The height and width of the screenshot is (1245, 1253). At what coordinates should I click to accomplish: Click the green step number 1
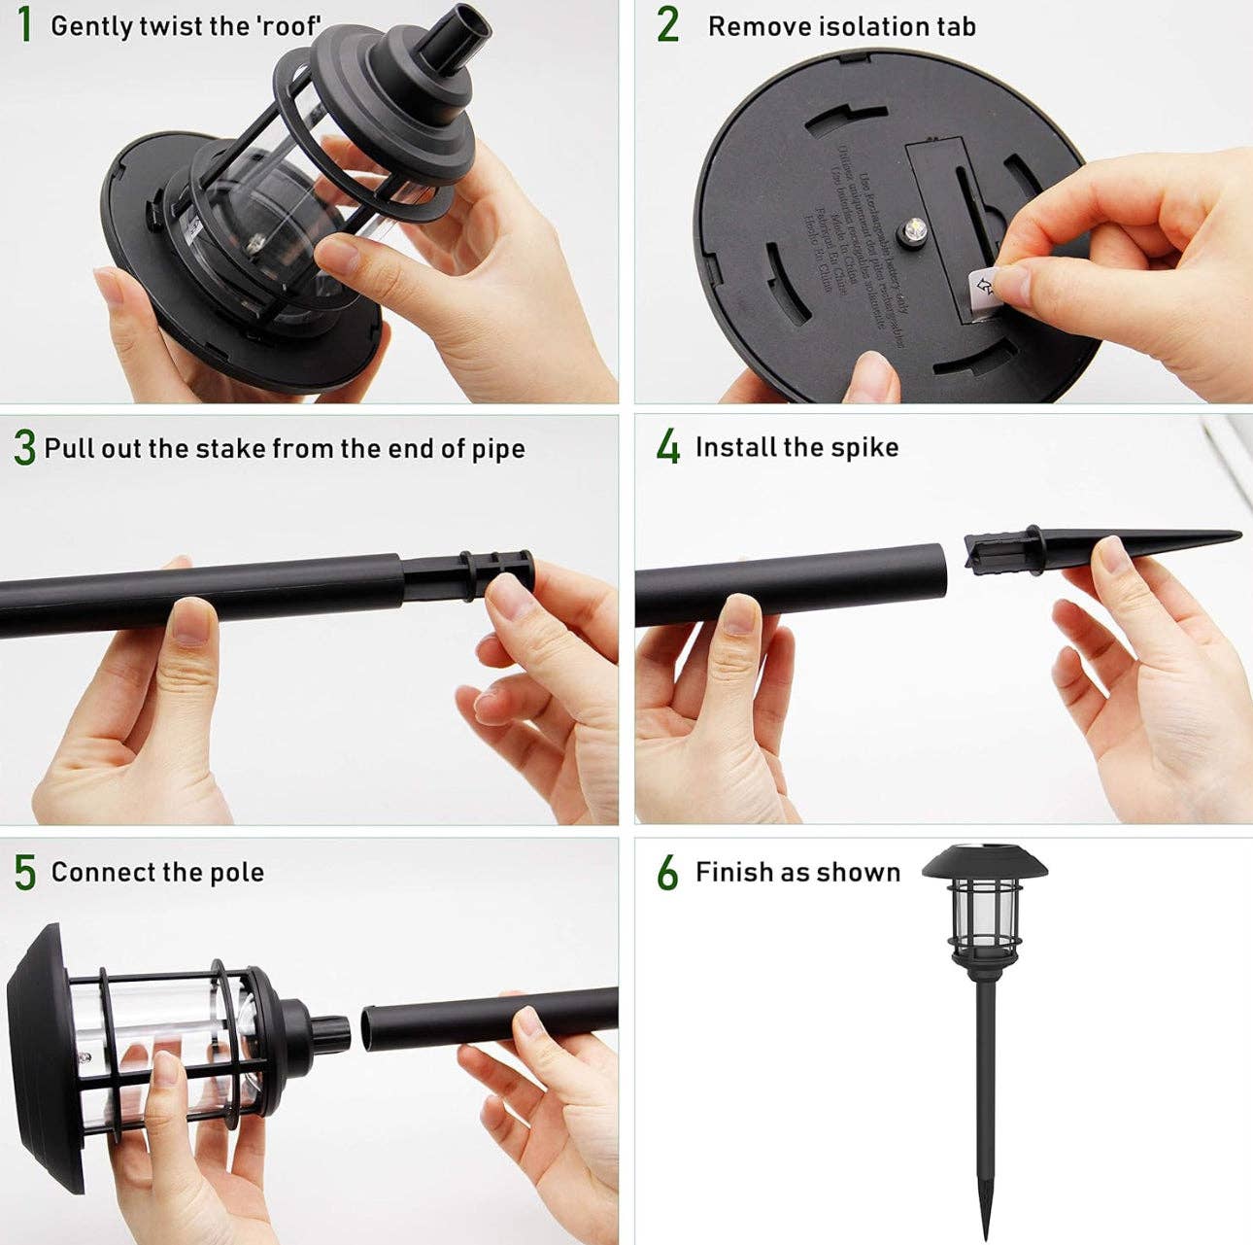click(24, 25)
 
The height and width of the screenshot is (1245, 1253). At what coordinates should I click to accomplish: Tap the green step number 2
click(667, 25)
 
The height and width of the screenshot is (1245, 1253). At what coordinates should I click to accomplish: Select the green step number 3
click(24, 448)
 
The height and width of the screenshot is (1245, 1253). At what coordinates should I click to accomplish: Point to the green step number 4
click(668, 448)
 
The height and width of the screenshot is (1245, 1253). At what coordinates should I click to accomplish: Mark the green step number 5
click(24, 872)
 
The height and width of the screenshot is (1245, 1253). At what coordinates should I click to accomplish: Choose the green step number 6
click(667, 873)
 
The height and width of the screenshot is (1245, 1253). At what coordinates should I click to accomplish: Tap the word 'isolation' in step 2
click(864, 26)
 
